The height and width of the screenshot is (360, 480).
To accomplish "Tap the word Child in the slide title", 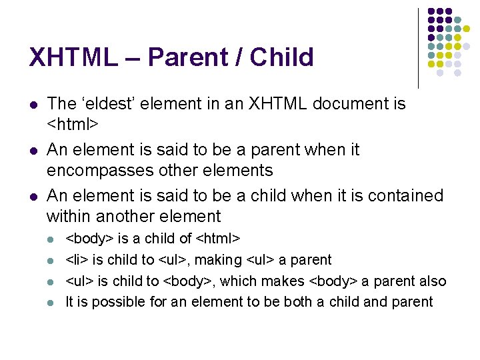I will [281, 57].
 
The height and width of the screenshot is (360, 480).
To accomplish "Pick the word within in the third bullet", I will [69, 216].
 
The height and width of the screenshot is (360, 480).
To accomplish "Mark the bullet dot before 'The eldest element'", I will [33, 105].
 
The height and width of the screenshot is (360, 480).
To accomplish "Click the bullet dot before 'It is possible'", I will [52, 303].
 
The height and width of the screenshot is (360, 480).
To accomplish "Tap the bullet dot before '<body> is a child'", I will [52, 239].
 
